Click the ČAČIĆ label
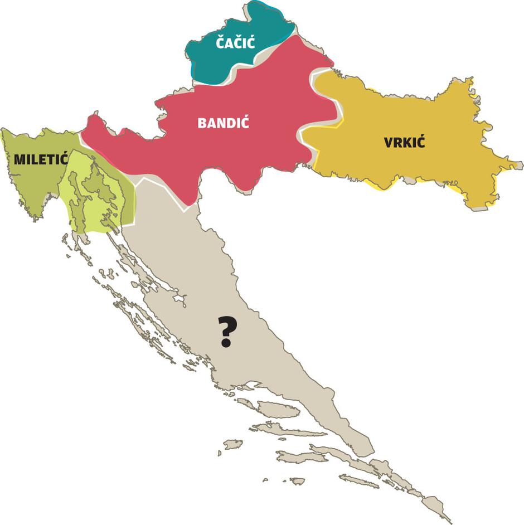(235, 42)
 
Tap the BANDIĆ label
(223, 123)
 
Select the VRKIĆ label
(404, 142)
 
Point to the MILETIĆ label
(41, 159)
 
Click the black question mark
(226, 330)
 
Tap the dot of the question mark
(226, 343)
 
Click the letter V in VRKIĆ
(389, 143)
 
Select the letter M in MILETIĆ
(20, 159)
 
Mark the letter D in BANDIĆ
(232, 123)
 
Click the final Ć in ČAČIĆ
(250, 42)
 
